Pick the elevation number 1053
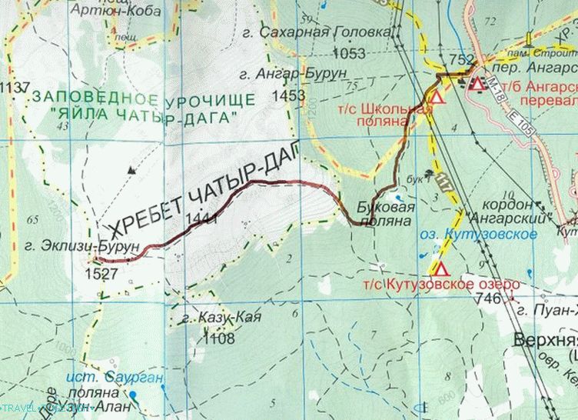tap(350, 53)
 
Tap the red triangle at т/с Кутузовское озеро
tap(440, 268)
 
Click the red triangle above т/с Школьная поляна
tap(436, 98)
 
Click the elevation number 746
tap(488, 298)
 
